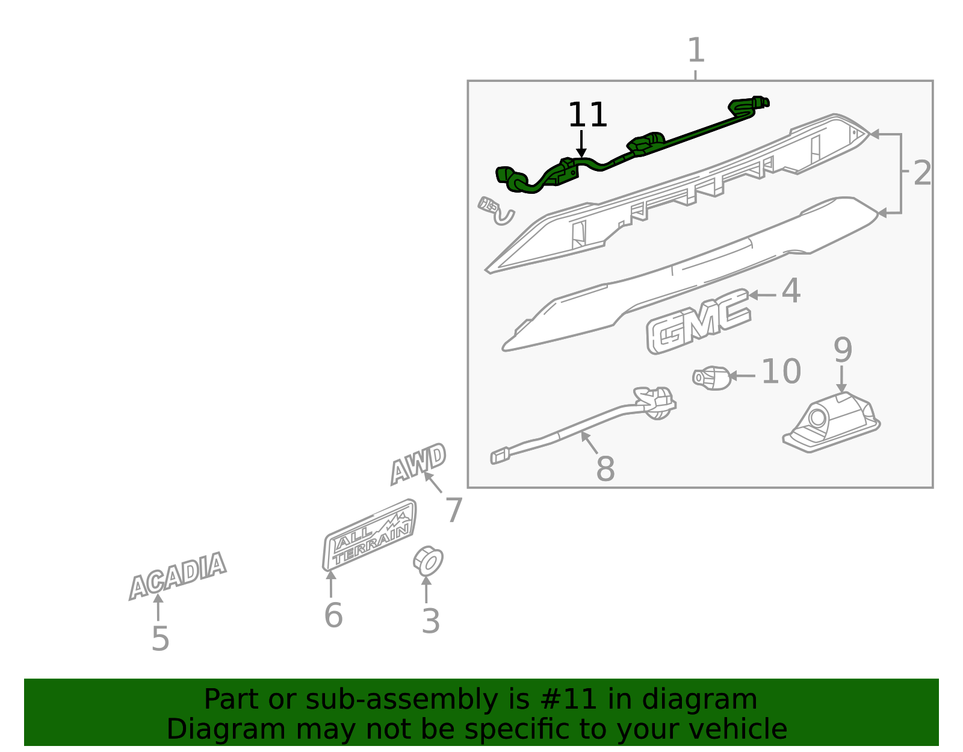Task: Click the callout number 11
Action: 587,115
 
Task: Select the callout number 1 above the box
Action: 696,50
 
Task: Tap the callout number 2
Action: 922,173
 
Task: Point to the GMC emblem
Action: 698,321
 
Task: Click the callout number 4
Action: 791,291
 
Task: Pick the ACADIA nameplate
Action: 178,576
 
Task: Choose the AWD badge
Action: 418,464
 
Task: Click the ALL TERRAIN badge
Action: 369,535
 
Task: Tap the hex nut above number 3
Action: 428,561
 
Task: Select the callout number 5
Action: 161,639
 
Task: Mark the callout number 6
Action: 333,615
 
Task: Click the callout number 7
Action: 454,511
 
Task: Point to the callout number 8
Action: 605,468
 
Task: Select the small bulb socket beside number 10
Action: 712,378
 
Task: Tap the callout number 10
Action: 781,371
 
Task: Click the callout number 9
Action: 843,350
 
